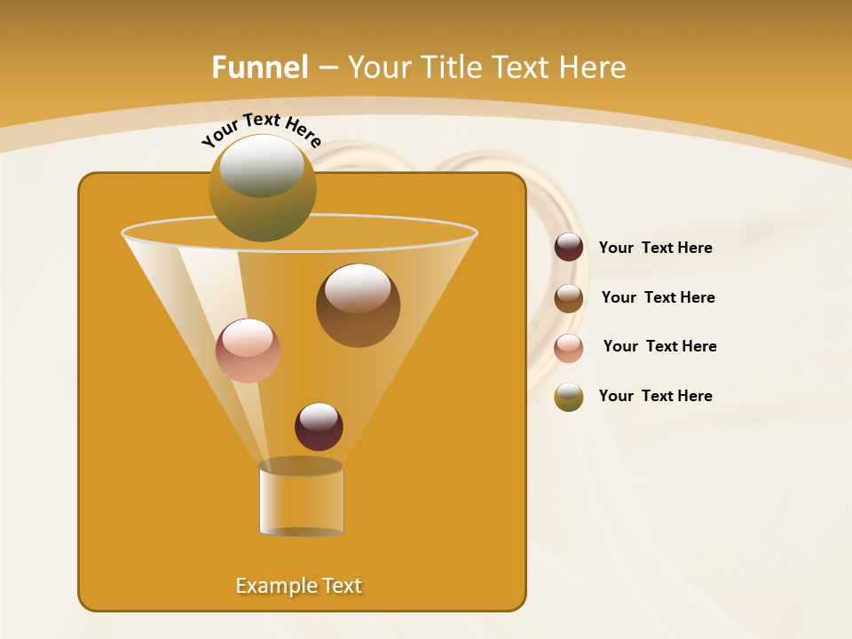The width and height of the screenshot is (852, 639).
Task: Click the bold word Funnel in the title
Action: pos(259,67)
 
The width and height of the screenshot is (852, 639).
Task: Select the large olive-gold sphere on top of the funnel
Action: pos(262,188)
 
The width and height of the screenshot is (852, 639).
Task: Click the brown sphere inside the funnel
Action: pos(358,305)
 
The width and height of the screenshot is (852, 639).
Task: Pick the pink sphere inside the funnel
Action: pos(248,351)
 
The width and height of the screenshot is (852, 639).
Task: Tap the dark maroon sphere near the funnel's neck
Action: pos(319,427)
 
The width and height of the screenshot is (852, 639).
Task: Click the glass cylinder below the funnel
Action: pos(301,499)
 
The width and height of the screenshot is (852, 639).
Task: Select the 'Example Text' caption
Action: pos(298,586)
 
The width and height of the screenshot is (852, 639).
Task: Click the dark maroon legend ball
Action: pos(569,248)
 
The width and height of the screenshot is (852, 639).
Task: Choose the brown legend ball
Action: pos(569,298)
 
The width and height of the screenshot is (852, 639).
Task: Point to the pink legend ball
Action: pos(569,348)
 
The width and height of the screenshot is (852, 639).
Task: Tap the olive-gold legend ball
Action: pos(569,397)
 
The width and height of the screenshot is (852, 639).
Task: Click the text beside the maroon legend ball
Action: pos(655,248)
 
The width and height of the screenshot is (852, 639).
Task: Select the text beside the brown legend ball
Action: pos(658,297)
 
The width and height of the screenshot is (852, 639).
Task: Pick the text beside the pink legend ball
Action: pos(659,346)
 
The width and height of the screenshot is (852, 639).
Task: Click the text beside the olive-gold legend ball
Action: pos(655,396)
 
